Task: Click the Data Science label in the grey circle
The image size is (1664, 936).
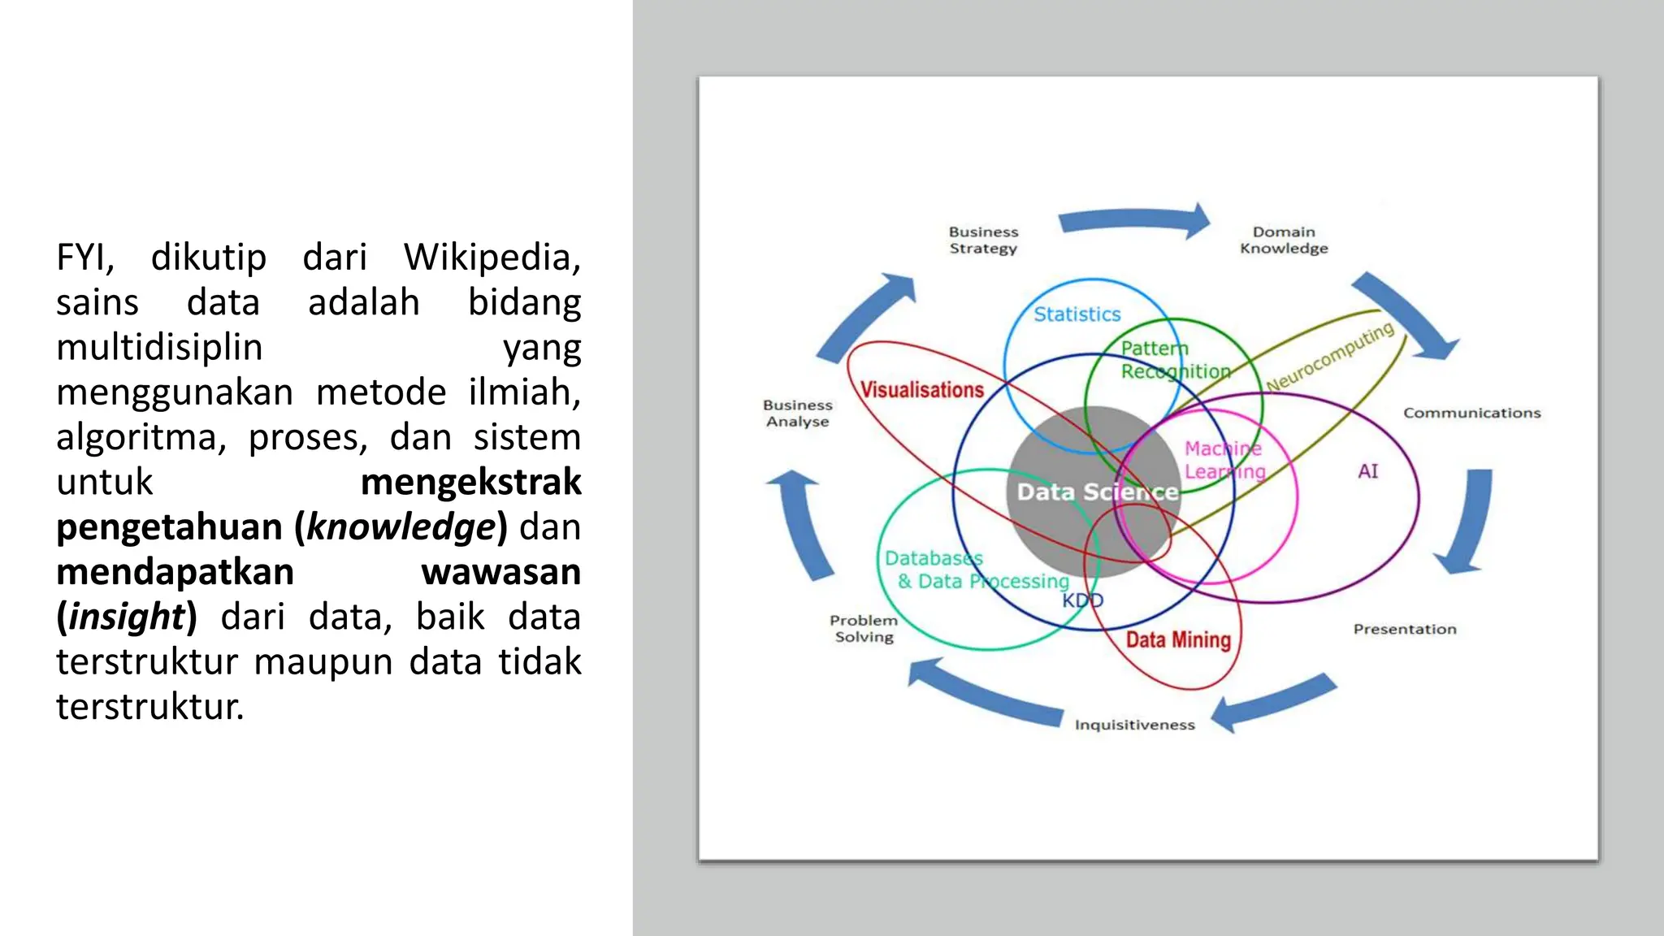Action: coord(1097,492)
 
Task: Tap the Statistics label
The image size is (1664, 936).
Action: coord(1077,314)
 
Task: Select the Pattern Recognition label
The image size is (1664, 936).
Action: coord(1175,360)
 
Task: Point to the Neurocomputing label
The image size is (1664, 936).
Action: coord(1329,357)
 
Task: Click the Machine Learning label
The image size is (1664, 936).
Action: coord(1224,460)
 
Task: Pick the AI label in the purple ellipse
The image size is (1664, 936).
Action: coord(1367,471)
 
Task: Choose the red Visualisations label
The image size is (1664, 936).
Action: coord(921,390)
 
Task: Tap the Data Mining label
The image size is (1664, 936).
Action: coord(1178,640)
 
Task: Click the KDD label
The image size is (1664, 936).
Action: coord(1083,600)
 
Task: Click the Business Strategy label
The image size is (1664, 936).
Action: coord(983,240)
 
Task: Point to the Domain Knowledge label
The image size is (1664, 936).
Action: coord(1284,240)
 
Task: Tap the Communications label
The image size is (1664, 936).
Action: coord(1471,413)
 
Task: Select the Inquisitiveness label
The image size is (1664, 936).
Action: coord(1134,725)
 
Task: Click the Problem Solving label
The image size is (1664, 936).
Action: coord(864,629)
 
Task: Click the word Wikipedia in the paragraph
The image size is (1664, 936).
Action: coord(492,258)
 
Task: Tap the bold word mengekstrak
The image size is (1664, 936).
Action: coord(470,482)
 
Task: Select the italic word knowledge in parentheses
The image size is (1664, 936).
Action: coord(401,527)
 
